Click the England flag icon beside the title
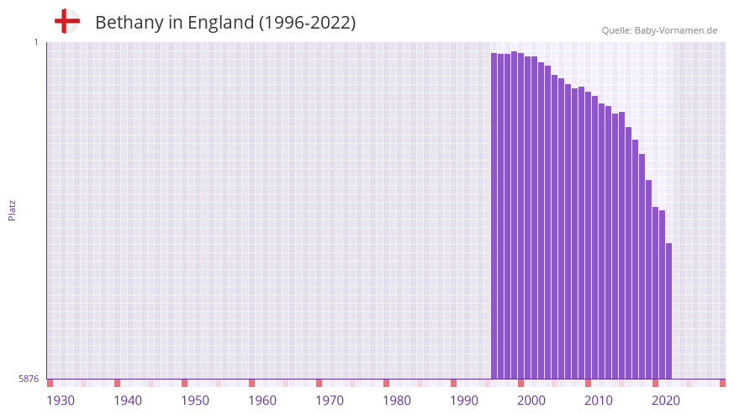point(66,21)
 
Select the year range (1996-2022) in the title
point(308,23)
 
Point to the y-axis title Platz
point(12,210)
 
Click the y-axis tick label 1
point(36,42)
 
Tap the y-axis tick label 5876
point(29,379)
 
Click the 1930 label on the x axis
point(61,401)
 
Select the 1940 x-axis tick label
point(128,401)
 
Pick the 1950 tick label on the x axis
point(195,401)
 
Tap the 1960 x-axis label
point(262,401)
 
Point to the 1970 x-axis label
point(330,401)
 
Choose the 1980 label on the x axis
point(397,401)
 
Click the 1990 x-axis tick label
point(464,401)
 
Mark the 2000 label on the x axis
point(531,401)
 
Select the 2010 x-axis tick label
point(599,401)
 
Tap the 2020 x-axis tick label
point(666,401)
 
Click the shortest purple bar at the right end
point(668,311)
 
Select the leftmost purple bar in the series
point(494,215)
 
